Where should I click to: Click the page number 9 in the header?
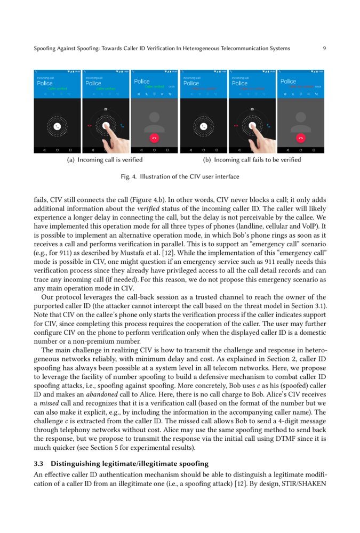pyautogui.click(x=324, y=49)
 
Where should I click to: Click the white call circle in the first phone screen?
pyautogui.click(x=57, y=126)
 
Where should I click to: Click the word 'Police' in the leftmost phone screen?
pyautogui.click(x=44, y=83)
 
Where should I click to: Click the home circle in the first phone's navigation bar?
pyautogui.click(x=57, y=149)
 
